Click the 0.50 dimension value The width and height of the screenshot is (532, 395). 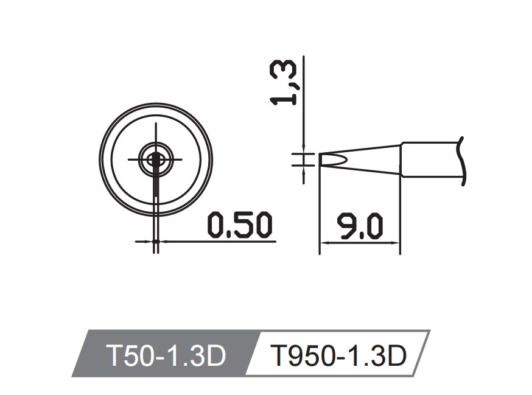pos(239,225)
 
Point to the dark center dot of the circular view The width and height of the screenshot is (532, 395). pos(156,159)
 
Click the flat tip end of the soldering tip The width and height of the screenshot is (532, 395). pos(320,159)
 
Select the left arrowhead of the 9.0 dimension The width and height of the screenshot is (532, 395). pos(324,242)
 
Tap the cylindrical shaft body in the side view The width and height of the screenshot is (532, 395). pos(429,159)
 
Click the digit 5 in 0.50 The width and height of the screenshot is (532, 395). pos(242,225)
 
